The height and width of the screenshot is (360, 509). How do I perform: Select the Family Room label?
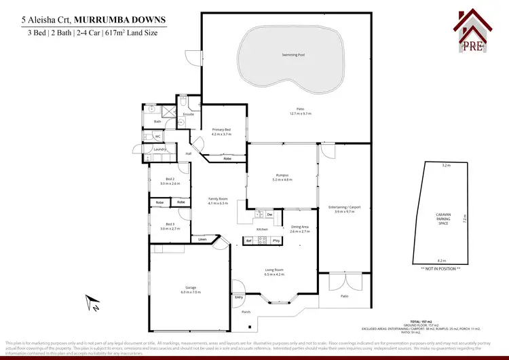click(x=217, y=198)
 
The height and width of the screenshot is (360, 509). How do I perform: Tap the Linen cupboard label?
click(x=202, y=239)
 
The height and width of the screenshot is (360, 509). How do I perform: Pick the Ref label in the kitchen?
click(x=248, y=241)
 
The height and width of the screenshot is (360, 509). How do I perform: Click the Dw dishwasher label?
click(x=269, y=215)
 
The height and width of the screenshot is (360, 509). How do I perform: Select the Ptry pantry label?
click(x=276, y=241)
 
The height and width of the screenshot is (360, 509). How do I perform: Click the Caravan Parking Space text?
click(x=442, y=218)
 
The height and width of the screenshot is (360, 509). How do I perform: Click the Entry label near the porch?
click(x=238, y=298)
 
